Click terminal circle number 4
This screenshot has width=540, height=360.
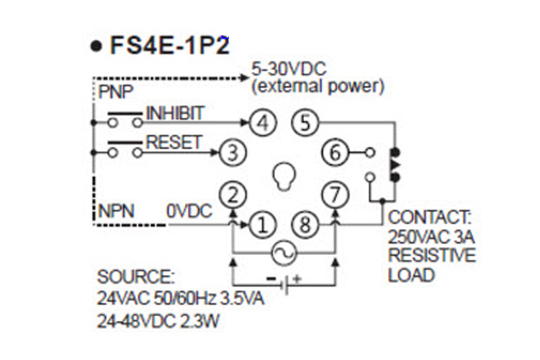coord(264,123)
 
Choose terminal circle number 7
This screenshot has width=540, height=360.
coord(336,194)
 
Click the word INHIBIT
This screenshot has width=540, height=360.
coord(175,113)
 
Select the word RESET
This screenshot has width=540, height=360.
coord(174,142)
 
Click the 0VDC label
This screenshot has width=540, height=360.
coord(187,212)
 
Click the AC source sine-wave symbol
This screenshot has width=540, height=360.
coord(284,251)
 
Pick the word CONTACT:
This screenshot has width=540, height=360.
coord(429,217)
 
